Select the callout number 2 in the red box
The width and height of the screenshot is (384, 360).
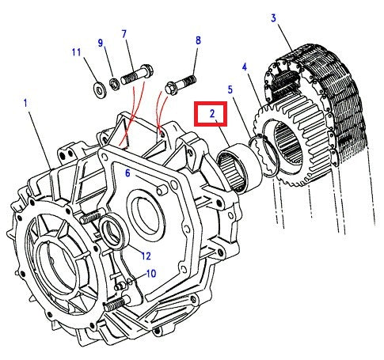pyautogui.click(x=212, y=115)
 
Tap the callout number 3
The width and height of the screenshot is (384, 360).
pyautogui.click(x=274, y=17)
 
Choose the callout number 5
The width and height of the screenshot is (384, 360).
pyautogui.click(x=230, y=92)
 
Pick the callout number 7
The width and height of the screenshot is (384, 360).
pyautogui.click(x=124, y=33)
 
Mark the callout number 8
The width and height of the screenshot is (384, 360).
pyautogui.click(x=197, y=40)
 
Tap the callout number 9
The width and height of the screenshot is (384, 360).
pyautogui.click(x=101, y=43)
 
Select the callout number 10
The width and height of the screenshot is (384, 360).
pyautogui.click(x=150, y=273)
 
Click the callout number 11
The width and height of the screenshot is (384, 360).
pyautogui.click(x=76, y=53)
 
